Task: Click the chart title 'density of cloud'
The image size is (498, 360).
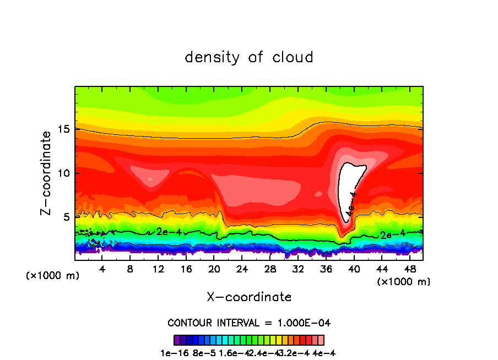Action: click(249, 57)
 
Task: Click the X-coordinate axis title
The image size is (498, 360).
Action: click(249, 297)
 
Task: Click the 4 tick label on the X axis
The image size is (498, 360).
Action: click(102, 268)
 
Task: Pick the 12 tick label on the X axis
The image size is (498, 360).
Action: click(158, 268)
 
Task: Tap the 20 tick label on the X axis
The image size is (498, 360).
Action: click(214, 268)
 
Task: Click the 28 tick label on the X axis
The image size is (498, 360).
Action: click(270, 268)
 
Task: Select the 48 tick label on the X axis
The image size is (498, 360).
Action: click(409, 268)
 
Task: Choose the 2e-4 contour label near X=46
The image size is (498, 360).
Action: click(393, 234)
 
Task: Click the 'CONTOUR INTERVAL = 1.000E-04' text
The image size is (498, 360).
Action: click(249, 323)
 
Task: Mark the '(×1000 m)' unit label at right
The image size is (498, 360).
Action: click(404, 282)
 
